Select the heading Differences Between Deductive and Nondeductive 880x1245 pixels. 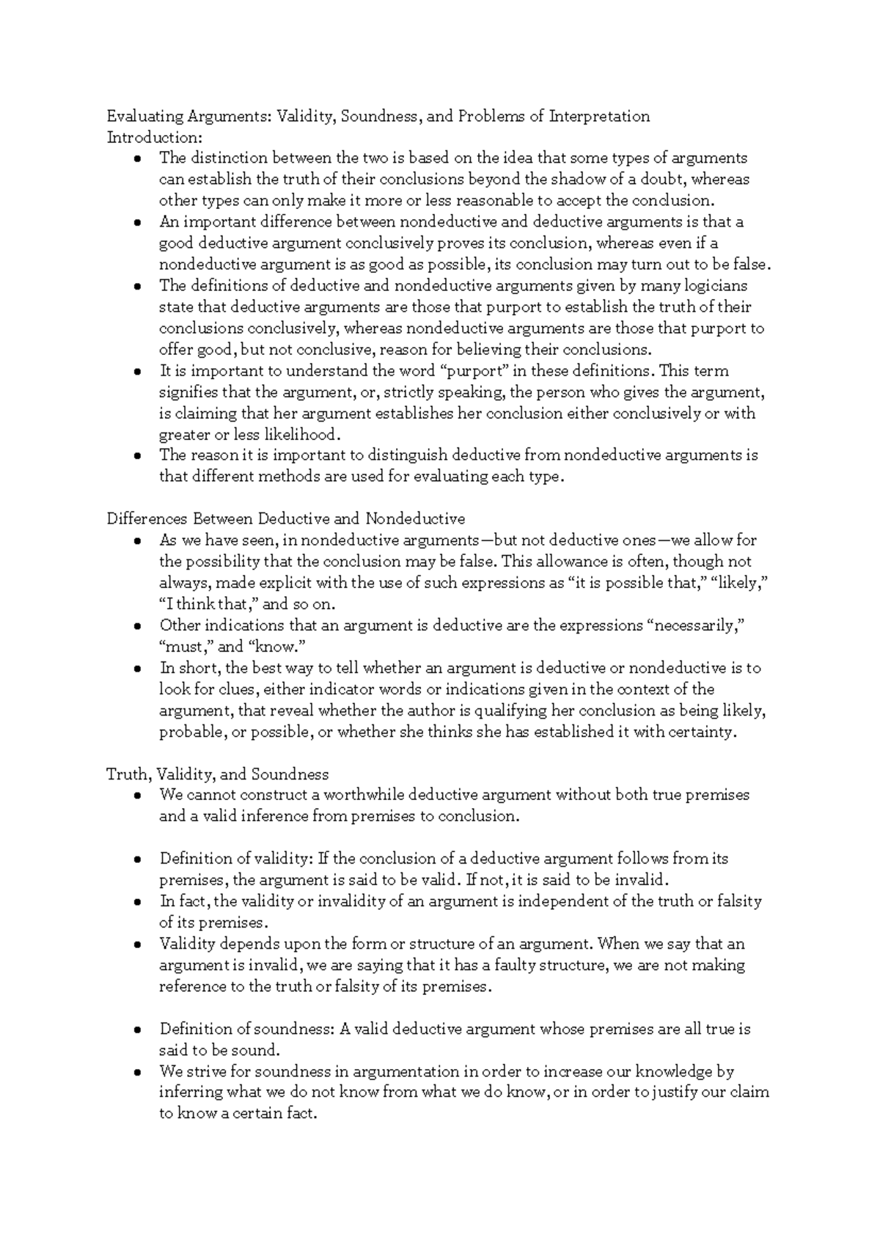click(286, 519)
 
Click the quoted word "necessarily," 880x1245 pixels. click(695, 625)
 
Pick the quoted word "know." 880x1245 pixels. click(276, 647)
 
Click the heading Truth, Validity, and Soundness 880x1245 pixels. click(218, 774)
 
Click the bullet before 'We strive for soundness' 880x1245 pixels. click(138, 1073)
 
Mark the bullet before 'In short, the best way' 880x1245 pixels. click(138, 669)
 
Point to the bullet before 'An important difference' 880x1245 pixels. click(138, 222)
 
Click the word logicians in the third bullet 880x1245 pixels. click(715, 286)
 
